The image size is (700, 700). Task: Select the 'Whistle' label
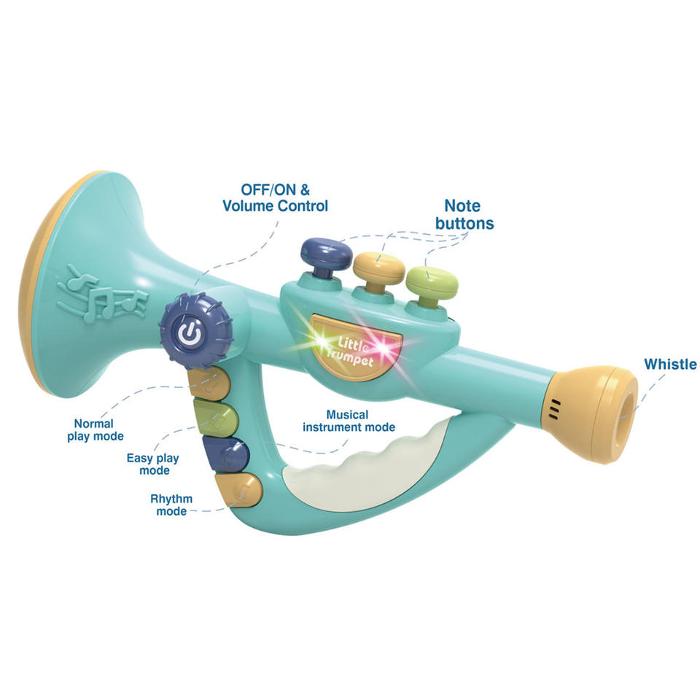click(x=670, y=364)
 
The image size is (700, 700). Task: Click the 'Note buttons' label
click(x=464, y=214)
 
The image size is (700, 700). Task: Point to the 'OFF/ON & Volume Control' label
click(x=275, y=198)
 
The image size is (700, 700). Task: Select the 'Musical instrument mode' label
click(x=350, y=420)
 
